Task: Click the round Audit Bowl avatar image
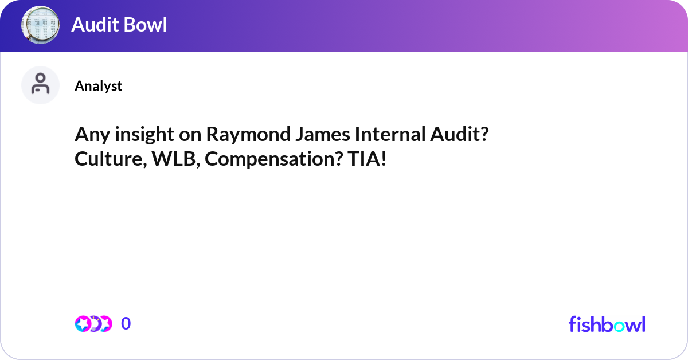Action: pyautogui.click(x=40, y=25)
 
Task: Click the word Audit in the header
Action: pyautogui.click(x=95, y=25)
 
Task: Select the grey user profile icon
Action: pyautogui.click(x=40, y=85)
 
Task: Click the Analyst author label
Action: pyautogui.click(x=98, y=86)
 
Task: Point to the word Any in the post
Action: pyautogui.click(x=89, y=135)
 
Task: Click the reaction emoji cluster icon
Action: pyautogui.click(x=93, y=324)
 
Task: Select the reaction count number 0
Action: pyautogui.click(x=126, y=324)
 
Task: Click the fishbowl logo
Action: pyautogui.click(x=607, y=324)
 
